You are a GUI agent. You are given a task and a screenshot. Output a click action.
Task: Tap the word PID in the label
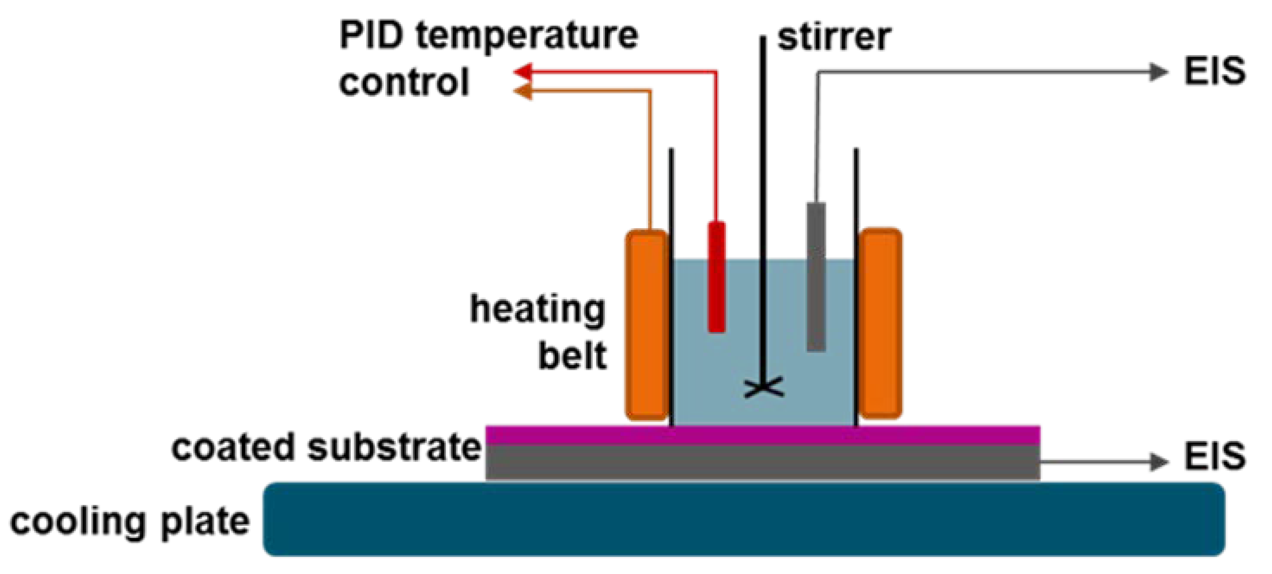(371, 35)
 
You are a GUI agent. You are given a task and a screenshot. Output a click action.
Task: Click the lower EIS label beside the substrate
(1215, 456)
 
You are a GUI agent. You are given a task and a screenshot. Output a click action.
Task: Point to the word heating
(537, 310)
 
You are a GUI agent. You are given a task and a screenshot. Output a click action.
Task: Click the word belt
(572, 356)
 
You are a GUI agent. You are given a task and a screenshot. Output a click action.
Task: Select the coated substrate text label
(326, 447)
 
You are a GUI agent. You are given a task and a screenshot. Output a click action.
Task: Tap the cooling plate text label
(129, 522)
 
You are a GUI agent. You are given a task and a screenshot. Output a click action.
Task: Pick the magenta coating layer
(763, 435)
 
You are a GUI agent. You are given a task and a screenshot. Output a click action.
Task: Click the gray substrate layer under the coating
(763, 462)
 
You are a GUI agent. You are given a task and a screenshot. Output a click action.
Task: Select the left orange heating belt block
(647, 324)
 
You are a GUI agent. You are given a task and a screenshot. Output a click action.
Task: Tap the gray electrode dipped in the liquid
(816, 277)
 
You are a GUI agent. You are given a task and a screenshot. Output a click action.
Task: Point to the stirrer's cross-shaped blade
(763, 388)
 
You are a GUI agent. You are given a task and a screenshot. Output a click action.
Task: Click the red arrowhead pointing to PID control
(522, 72)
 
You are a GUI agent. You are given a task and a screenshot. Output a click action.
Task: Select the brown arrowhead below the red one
(522, 91)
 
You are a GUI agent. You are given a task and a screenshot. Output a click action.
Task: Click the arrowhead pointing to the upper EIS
(1158, 72)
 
